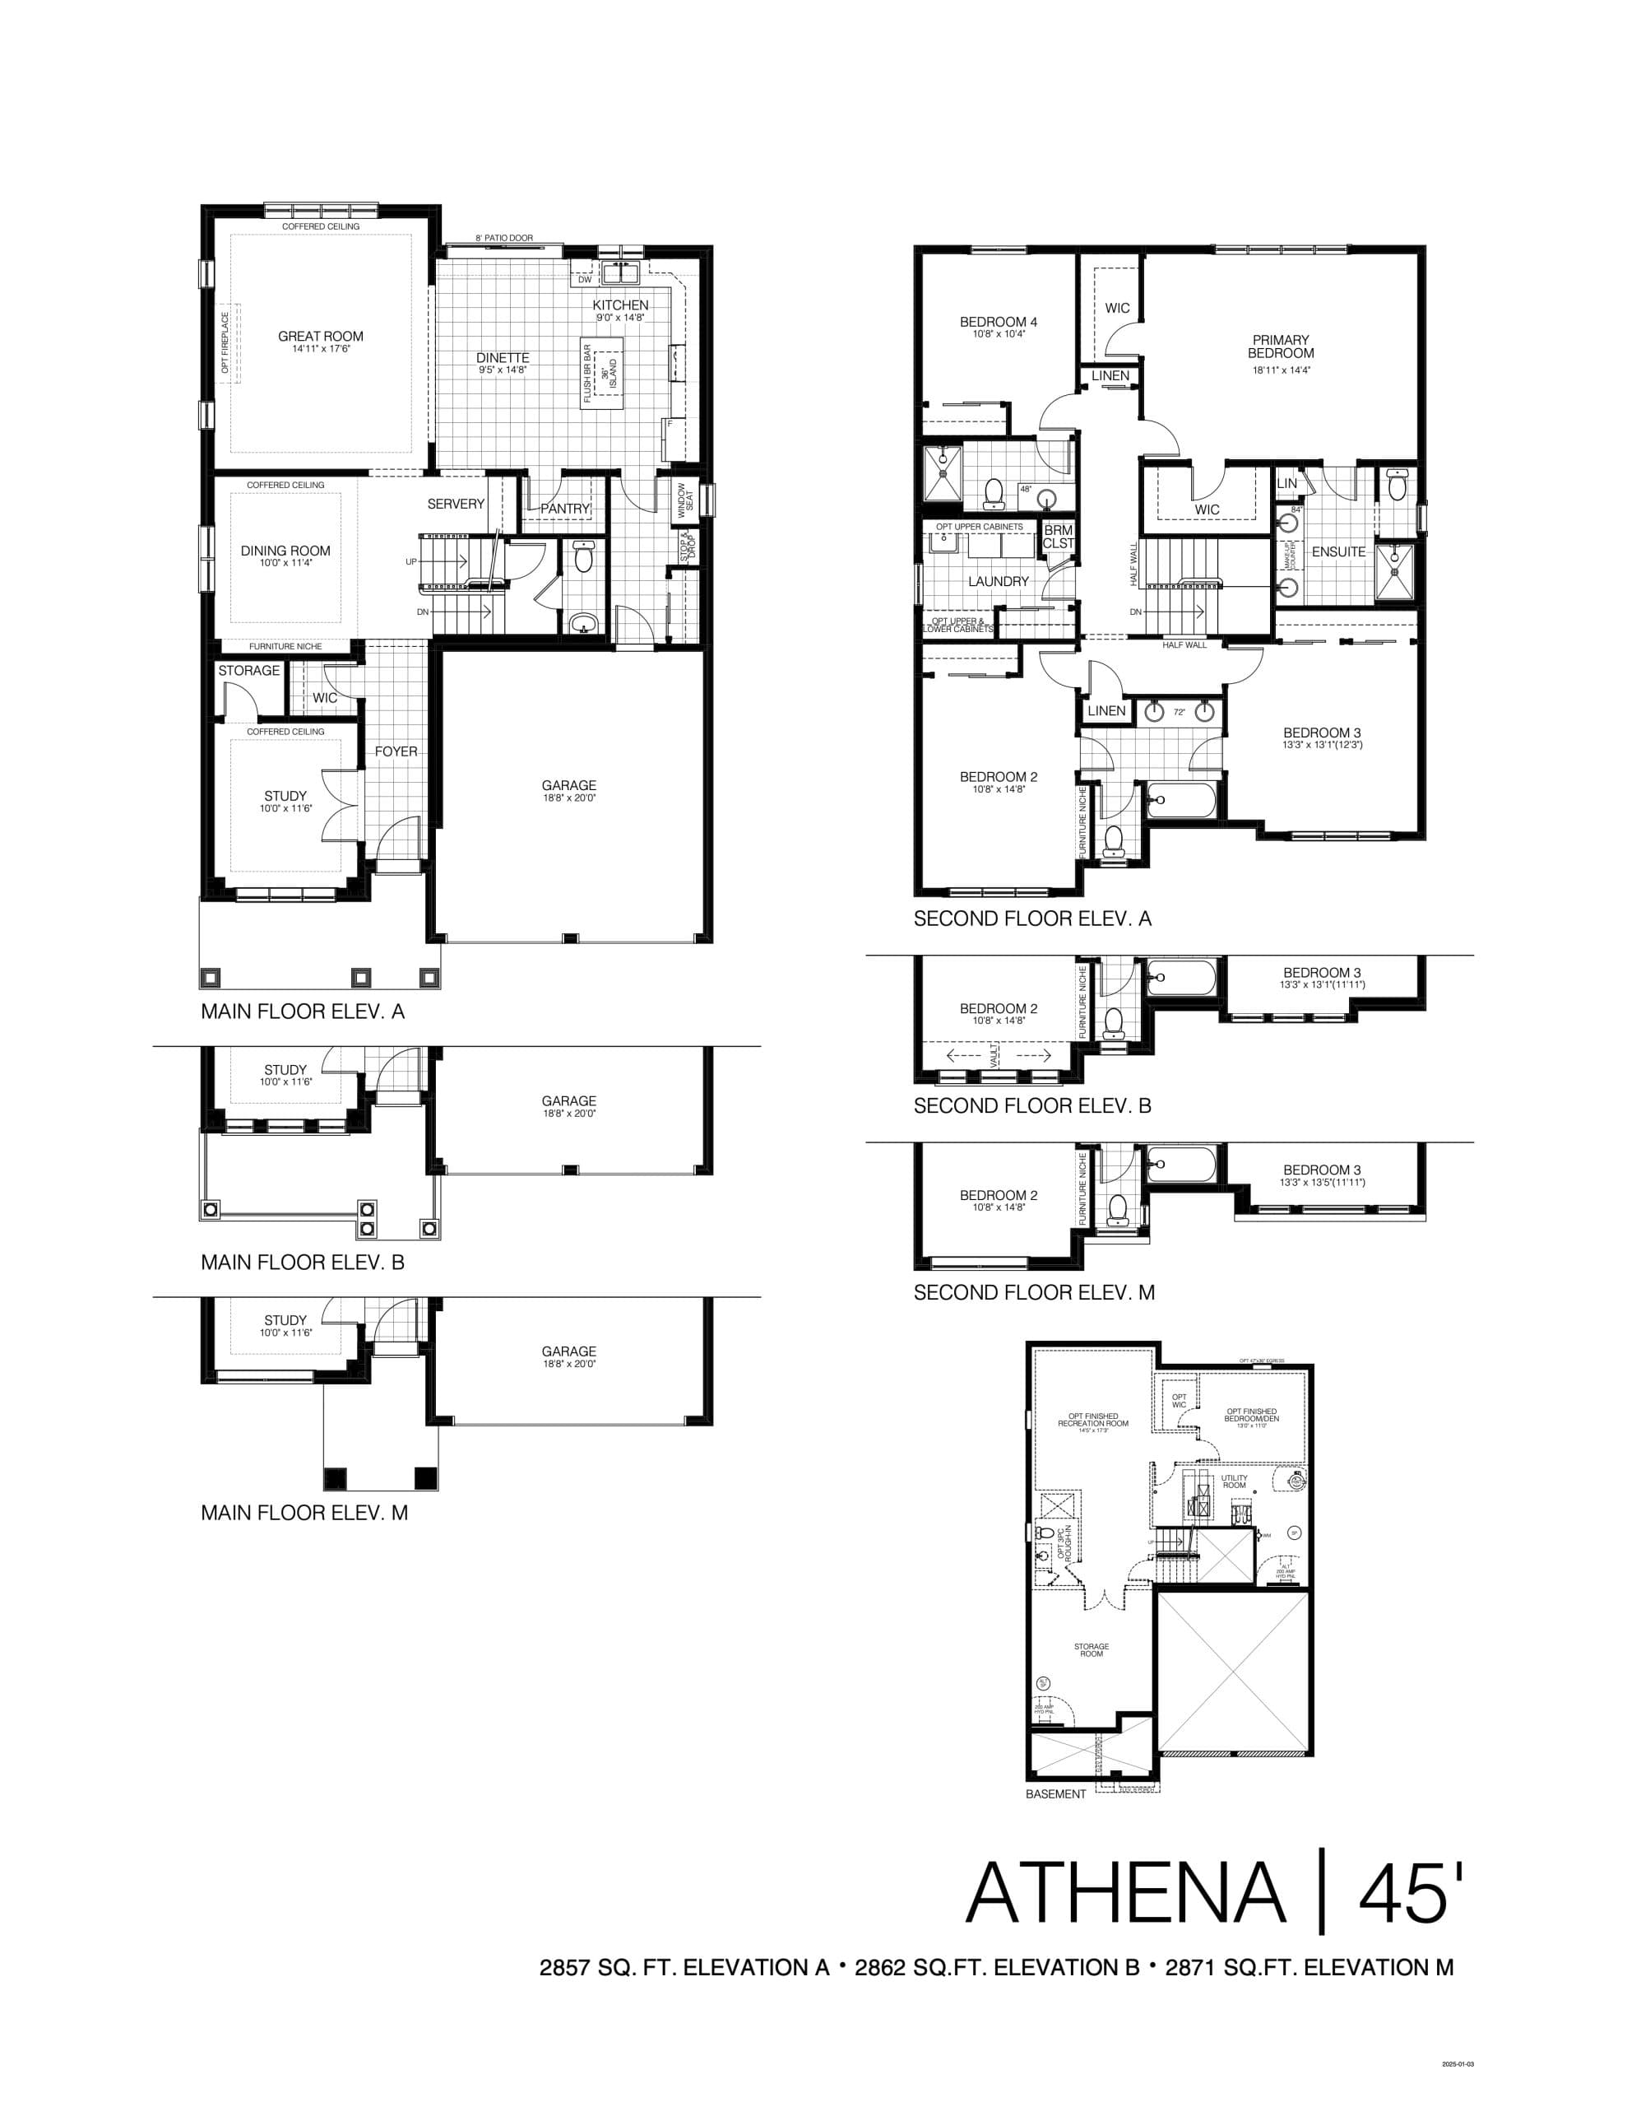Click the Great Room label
[x=320, y=337]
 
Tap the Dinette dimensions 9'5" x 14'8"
[x=502, y=370]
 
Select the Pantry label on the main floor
[x=564, y=509]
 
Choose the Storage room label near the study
[x=249, y=671]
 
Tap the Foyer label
[x=396, y=751]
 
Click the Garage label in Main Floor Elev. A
[x=568, y=785]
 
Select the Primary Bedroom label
[x=1280, y=347]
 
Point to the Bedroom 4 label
[x=999, y=323]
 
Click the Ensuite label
[x=1337, y=551]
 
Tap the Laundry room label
[x=999, y=582]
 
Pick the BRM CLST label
[x=1057, y=537]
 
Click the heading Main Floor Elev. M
[x=304, y=1513]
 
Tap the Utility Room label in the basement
[x=1234, y=1481]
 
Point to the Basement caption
[x=1055, y=1794]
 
